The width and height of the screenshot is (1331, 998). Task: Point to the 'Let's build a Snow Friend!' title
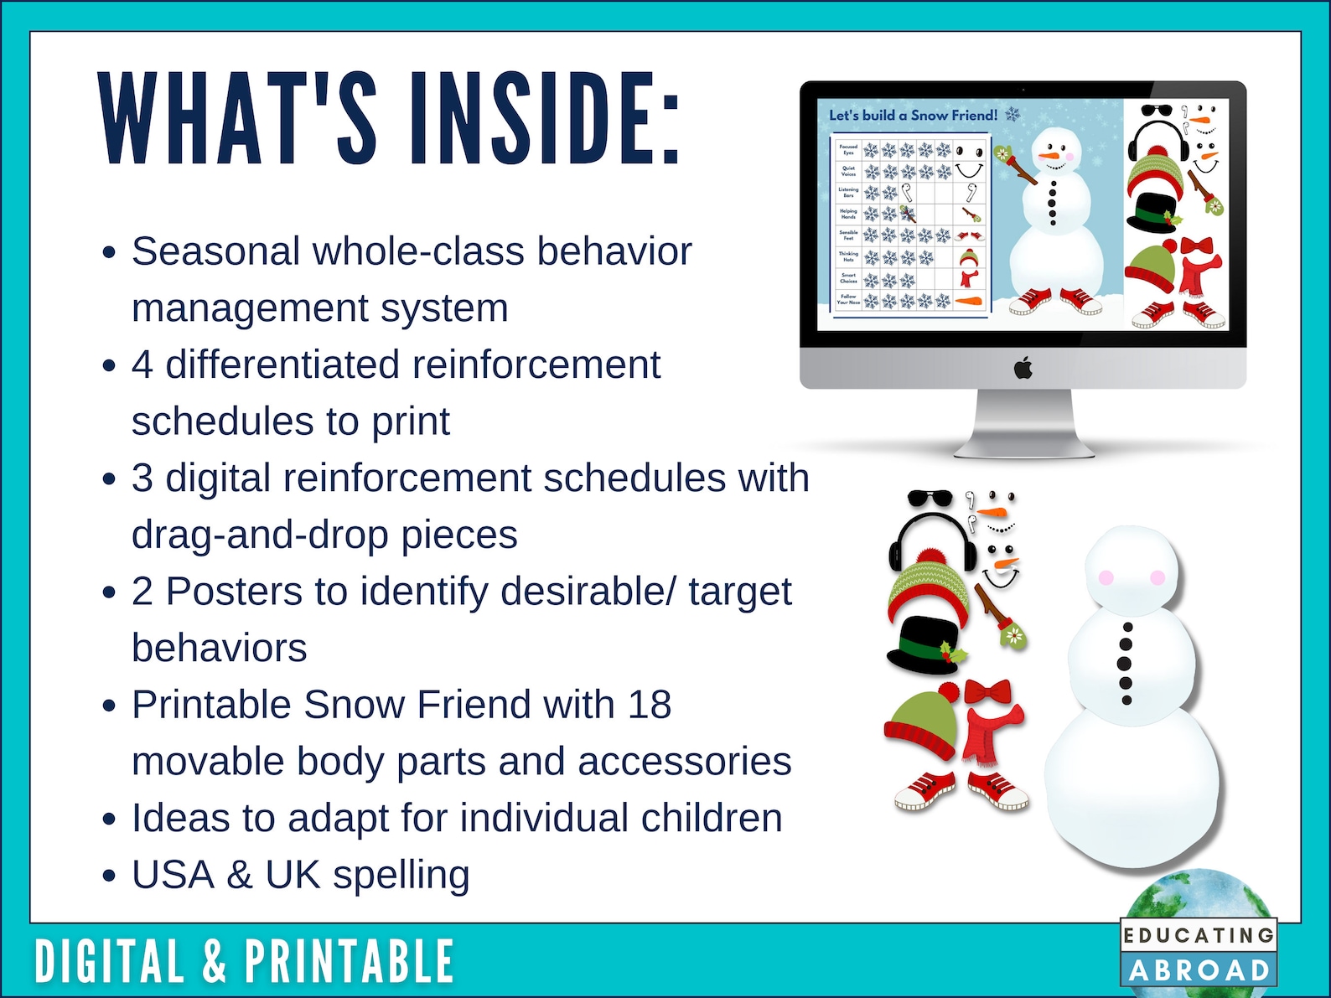[x=913, y=116]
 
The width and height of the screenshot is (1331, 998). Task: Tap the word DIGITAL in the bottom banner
[x=109, y=961]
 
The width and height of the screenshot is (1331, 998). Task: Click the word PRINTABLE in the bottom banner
[x=350, y=961]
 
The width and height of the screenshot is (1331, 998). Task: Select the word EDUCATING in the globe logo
[x=1199, y=935]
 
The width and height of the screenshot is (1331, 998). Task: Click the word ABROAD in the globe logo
[x=1199, y=970]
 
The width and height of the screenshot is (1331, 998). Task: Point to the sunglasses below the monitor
[x=930, y=499]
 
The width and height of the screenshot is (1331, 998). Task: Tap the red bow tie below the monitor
[x=988, y=692]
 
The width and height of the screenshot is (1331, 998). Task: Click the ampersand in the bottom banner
[x=215, y=961]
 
